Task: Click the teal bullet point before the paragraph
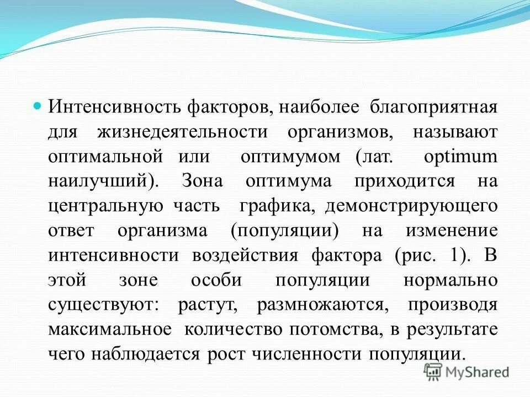tap(38, 104)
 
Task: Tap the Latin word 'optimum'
tap(460, 156)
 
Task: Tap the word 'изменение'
tap(452, 230)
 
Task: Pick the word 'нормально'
tap(451, 280)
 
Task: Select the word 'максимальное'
tap(109, 329)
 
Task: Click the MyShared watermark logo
tap(467, 372)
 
